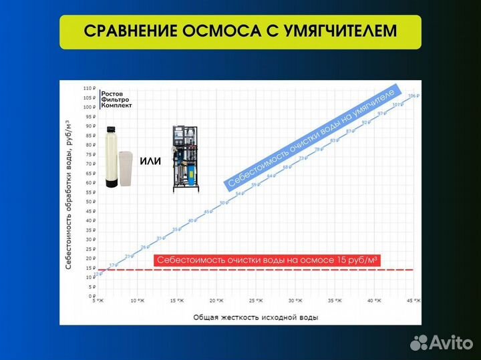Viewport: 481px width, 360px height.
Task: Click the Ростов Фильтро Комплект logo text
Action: click(x=116, y=100)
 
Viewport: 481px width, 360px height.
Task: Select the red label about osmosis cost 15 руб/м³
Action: click(x=267, y=261)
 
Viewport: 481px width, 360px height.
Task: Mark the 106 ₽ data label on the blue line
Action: click(x=412, y=96)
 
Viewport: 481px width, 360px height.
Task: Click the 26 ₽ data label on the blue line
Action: click(x=143, y=247)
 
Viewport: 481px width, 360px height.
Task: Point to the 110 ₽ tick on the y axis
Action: click(x=89, y=88)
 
